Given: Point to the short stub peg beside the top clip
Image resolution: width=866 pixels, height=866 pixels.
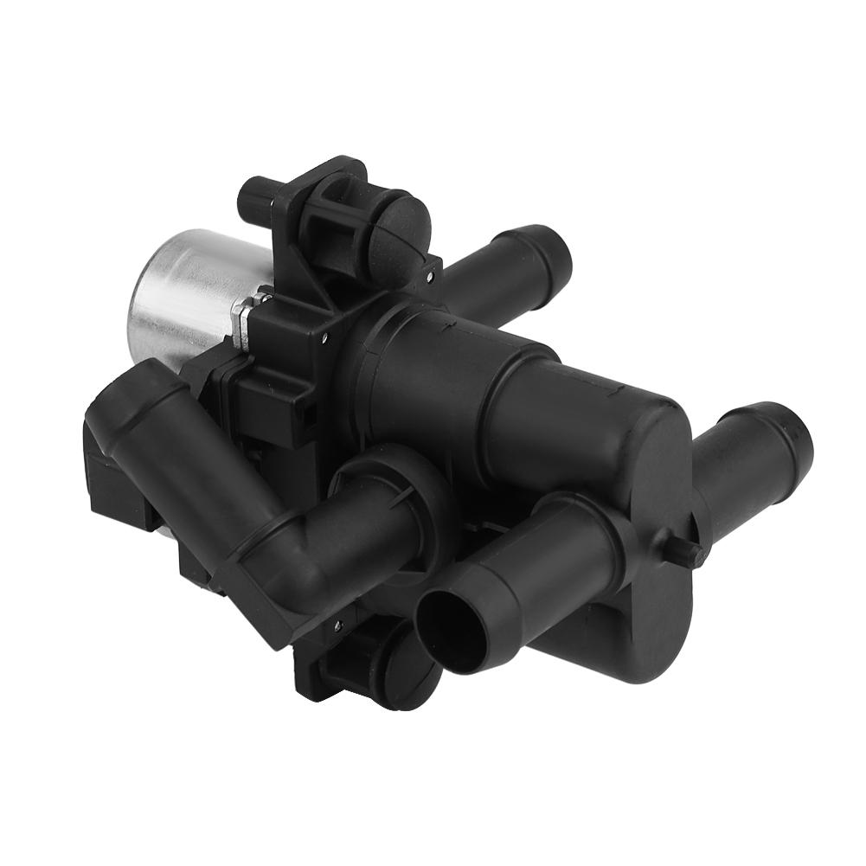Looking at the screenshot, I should coord(259,197).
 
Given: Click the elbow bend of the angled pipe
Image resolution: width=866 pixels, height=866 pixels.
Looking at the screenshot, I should coord(285,554).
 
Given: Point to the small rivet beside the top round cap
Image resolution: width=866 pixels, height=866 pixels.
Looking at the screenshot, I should coord(429,276).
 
